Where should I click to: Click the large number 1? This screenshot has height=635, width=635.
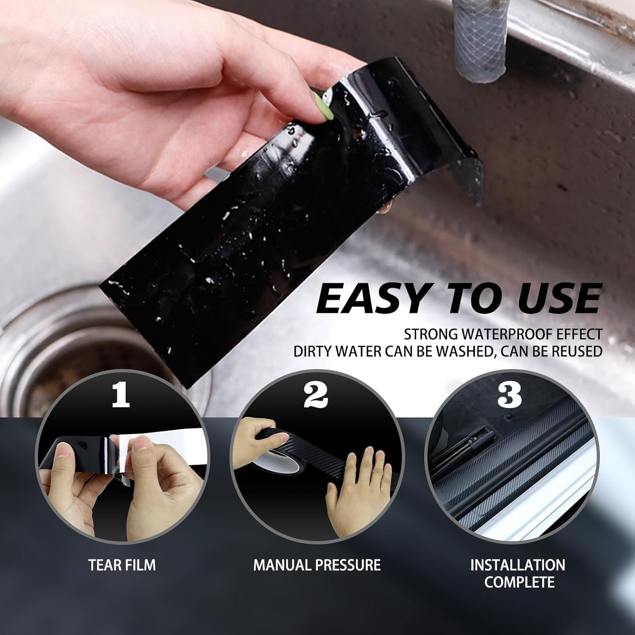121,396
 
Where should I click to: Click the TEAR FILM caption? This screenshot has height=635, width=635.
122,565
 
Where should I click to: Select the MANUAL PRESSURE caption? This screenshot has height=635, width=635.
317,565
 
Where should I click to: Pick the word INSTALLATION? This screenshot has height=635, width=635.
518,565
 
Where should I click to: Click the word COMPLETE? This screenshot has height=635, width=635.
519,582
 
